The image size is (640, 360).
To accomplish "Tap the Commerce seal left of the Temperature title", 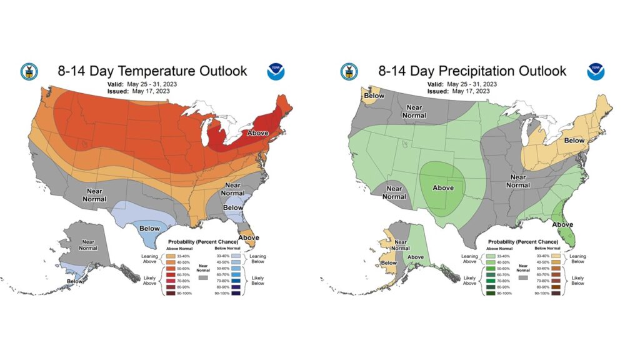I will pos(29,71).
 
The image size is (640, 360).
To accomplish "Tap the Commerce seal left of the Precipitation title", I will pos(349,71).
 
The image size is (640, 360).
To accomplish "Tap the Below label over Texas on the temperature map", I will pos(150,229).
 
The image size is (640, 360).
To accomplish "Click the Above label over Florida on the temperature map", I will pos(249,237).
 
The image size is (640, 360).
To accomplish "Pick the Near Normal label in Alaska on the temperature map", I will pos(87,244).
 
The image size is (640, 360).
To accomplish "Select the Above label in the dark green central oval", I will pos(443,187).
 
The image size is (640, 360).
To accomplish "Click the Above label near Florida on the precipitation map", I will pos(562,224).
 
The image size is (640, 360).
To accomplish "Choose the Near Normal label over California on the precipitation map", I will pos(394,192).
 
